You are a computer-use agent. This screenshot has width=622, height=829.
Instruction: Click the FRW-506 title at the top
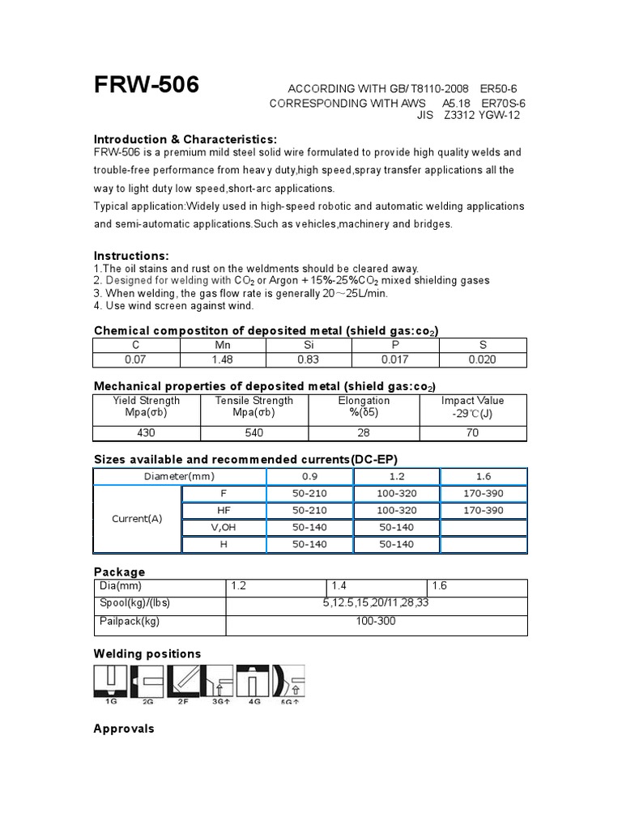point(147,84)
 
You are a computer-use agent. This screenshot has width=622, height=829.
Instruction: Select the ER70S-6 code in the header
point(503,104)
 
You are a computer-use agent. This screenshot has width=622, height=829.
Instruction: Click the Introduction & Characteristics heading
point(185,139)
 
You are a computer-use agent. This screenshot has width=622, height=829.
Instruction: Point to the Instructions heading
point(132,256)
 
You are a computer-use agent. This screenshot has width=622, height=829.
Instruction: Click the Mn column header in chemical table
point(222,344)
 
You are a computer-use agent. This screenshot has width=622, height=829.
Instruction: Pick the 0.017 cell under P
point(395,359)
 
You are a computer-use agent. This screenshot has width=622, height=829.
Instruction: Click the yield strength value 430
point(146,433)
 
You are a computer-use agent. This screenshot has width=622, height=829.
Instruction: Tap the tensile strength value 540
point(254,433)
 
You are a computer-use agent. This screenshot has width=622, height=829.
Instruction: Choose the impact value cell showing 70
point(473,433)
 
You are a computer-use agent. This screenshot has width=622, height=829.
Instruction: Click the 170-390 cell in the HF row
point(483,510)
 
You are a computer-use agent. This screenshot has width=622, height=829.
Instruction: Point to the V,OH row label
point(224,527)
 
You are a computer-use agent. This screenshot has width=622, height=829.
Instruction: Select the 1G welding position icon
point(110,683)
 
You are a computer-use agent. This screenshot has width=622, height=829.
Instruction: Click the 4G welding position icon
point(257,683)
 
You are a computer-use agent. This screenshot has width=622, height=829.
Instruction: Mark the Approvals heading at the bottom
point(124,729)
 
